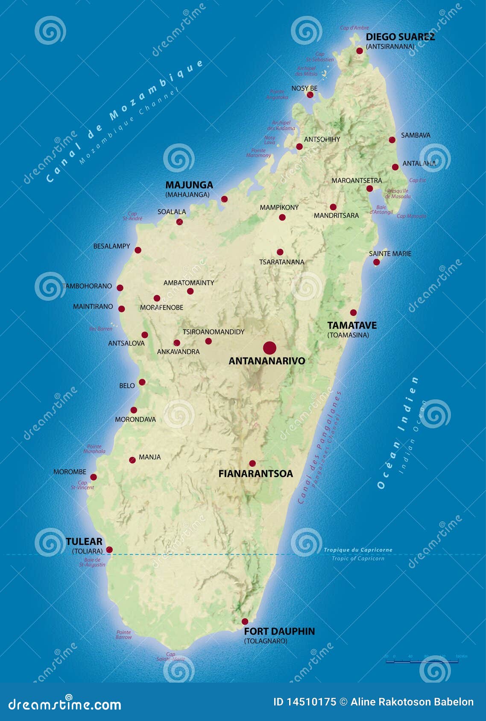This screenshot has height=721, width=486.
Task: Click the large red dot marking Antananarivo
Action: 269,348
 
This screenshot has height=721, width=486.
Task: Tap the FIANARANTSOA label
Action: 255,474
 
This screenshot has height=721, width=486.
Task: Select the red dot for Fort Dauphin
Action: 245,622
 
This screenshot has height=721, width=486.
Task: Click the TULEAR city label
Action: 84,541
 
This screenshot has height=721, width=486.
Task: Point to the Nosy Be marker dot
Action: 310,95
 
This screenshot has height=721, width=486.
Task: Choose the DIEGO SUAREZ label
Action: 400,37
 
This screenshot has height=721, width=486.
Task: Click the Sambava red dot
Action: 392,140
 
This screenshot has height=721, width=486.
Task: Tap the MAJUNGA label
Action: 189,185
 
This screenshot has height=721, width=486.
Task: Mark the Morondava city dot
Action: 134,410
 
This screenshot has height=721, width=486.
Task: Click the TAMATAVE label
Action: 352,326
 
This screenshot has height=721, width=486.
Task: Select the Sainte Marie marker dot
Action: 376,262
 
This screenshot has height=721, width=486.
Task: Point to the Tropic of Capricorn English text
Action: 358,558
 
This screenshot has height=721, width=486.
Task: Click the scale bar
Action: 422,661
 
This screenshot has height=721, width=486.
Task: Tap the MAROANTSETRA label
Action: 357,181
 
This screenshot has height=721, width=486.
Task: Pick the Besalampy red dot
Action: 138,250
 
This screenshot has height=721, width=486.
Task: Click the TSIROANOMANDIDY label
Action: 214,332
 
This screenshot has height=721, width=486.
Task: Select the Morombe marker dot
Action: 94,477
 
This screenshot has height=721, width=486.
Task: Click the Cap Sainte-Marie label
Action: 170,657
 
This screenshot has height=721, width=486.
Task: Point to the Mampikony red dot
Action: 282,217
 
